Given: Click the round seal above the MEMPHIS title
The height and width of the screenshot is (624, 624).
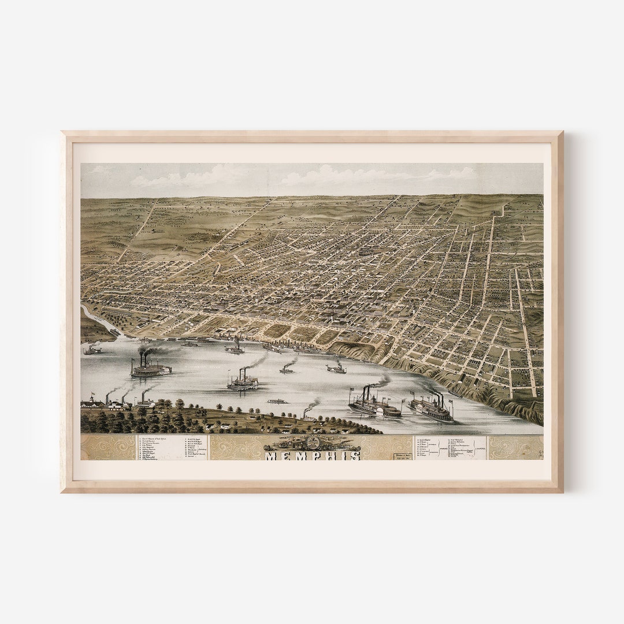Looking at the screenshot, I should [313, 443].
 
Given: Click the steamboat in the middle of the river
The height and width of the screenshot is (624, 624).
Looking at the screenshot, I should [242, 382].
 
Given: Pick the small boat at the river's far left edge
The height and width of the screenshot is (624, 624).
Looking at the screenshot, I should [92, 350].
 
